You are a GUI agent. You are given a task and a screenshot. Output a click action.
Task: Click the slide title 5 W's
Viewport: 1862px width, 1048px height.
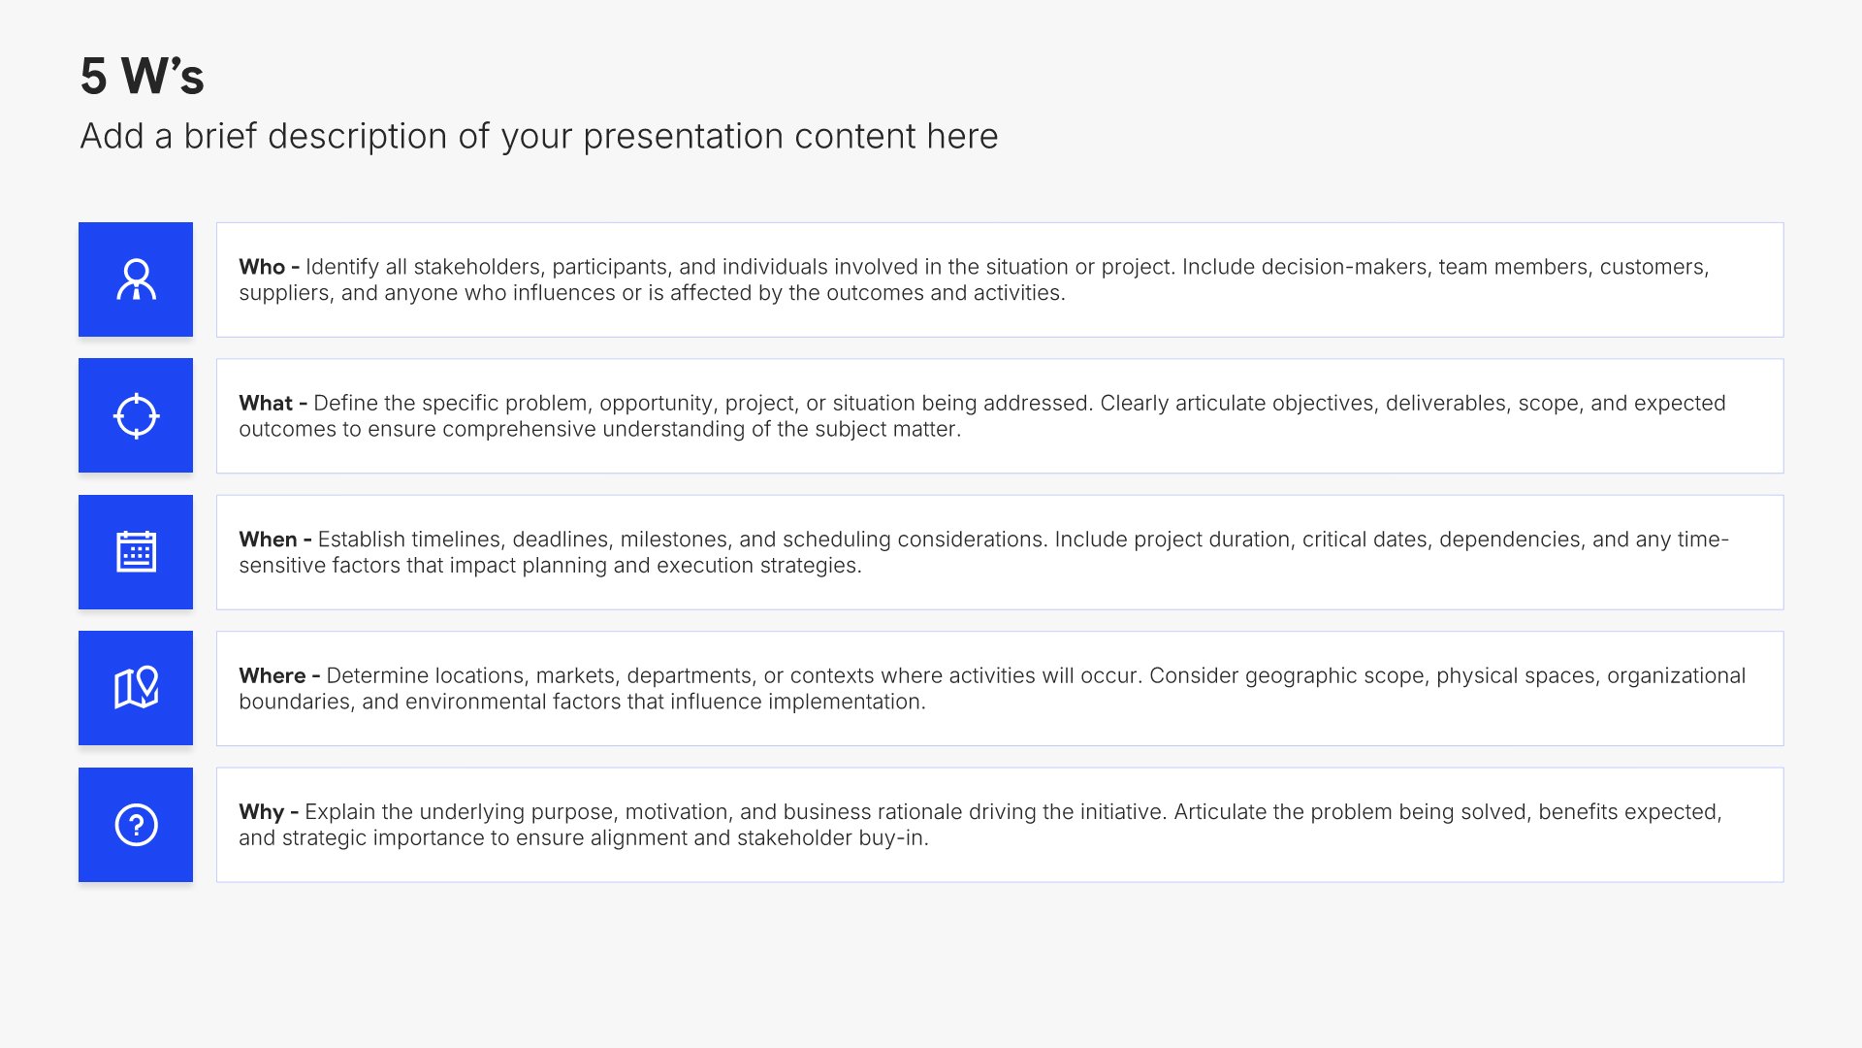pyautogui.click(x=143, y=76)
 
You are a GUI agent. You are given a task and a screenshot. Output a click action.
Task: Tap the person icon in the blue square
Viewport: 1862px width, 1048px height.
pyautogui.click(x=136, y=279)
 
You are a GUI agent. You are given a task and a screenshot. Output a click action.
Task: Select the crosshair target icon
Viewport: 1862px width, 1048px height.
pyautogui.click(x=136, y=415)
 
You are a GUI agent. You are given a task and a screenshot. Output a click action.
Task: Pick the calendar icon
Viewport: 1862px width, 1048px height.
pyautogui.click(x=136, y=552)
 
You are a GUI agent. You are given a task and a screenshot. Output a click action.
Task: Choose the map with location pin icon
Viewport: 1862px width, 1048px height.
pyautogui.click(x=136, y=688)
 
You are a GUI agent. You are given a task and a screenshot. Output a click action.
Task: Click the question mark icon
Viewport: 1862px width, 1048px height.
pyautogui.click(x=136, y=825)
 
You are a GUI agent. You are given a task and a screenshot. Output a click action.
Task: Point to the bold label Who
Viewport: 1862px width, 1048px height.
pyautogui.click(x=262, y=267)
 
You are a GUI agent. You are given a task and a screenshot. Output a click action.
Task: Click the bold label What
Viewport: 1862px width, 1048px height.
pyautogui.click(x=266, y=403)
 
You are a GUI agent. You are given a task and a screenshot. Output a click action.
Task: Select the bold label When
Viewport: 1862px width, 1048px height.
pyautogui.click(x=268, y=540)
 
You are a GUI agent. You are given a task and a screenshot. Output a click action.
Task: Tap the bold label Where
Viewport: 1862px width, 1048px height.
pyautogui.click(x=273, y=675)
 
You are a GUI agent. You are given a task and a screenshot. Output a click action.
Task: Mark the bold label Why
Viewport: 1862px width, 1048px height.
pyautogui.click(x=262, y=812)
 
